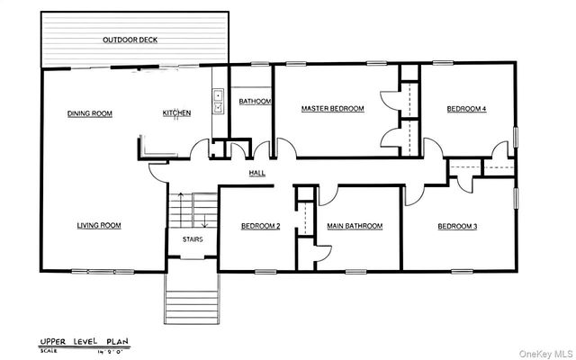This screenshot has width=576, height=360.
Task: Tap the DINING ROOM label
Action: pos(90,113)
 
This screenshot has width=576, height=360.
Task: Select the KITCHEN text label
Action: pos(176,113)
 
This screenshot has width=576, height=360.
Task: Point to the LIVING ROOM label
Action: pos(99,226)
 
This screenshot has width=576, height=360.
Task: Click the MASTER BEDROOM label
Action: pos(332,109)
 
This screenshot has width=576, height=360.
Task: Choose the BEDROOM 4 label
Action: pos(467,109)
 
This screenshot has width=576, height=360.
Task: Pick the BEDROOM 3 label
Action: pos(457,226)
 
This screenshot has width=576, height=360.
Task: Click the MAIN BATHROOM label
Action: pos(355,226)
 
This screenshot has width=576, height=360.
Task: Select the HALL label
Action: pos(256,174)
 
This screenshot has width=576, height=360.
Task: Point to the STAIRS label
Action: pos(193,239)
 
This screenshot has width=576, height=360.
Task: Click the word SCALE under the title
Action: pos(48,352)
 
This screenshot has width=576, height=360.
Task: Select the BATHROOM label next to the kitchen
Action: pos(255,102)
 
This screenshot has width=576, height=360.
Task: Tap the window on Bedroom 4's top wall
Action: pos(445,62)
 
